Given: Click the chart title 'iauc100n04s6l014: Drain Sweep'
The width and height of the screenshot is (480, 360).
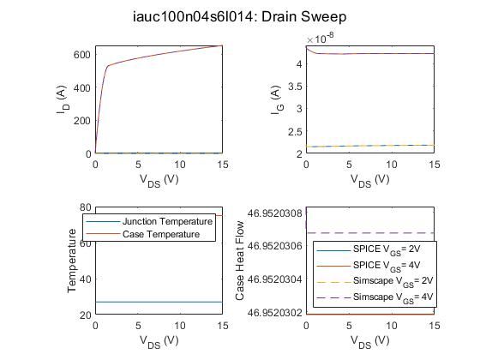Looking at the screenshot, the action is (x=240, y=16).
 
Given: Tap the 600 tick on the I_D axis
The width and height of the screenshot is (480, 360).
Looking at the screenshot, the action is (x=82, y=55).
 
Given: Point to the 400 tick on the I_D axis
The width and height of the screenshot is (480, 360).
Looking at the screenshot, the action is (x=82, y=87).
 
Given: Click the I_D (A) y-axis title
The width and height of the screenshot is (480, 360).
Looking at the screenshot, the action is (x=63, y=99).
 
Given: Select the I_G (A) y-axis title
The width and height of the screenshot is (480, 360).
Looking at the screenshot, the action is (x=277, y=99).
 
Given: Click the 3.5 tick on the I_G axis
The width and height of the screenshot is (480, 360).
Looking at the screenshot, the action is (x=295, y=87).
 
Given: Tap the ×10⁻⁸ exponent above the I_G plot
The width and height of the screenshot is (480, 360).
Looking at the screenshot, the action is (x=320, y=39).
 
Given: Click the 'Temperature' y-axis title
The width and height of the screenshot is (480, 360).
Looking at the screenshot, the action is (x=72, y=261).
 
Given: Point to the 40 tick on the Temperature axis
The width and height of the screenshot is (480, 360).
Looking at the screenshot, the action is (x=86, y=279).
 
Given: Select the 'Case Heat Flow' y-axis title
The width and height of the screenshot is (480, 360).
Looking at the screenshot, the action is (x=240, y=261).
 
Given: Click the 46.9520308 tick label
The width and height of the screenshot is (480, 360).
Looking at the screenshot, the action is (x=274, y=213).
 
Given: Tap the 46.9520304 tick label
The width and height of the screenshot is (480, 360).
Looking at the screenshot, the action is (x=274, y=279).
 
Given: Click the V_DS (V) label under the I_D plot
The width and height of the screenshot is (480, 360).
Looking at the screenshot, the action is (x=159, y=180).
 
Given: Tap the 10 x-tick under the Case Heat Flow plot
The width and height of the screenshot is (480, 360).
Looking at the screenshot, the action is (x=392, y=326).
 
